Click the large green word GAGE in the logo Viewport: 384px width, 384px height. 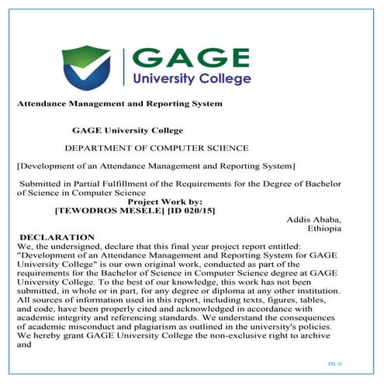click(x=192, y=57)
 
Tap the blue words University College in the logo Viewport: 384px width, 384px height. click(x=192, y=78)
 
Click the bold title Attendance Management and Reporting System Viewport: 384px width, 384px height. click(x=119, y=103)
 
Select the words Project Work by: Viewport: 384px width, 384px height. click(x=167, y=202)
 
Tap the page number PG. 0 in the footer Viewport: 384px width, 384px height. click(x=334, y=364)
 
